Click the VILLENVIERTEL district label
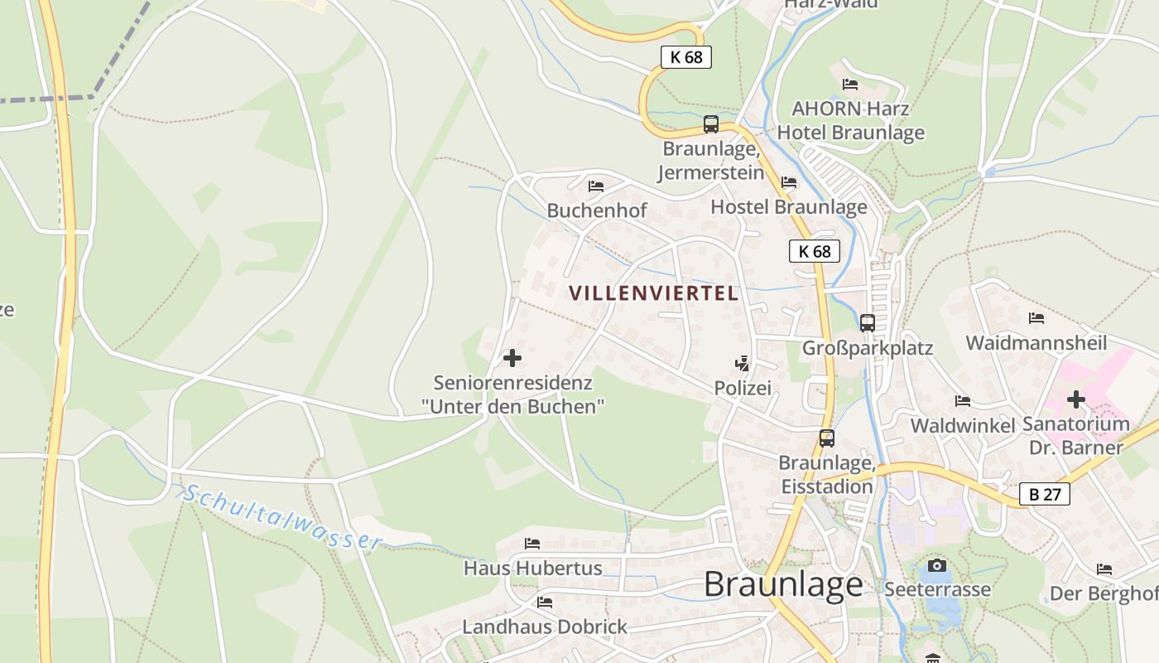[653, 293]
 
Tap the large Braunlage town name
[783, 584]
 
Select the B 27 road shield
[1045, 495]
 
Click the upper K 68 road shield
[685, 57]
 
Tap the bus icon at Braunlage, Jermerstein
[710, 124]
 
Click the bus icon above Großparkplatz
[867, 323]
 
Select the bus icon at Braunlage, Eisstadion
[826, 438]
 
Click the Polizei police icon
[743, 363]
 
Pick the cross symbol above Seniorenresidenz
[512, 358]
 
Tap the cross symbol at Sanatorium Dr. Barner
[1075, 400]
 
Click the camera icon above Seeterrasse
[936, 565]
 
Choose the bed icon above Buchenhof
[596, 186]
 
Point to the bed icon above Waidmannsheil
[1036, 318]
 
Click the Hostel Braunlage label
[788, 206]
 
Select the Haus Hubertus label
[532, 569]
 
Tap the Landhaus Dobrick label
[544, 627]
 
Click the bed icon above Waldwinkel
[962, 401]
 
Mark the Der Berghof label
[1104, 593]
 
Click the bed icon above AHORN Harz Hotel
[849, 85]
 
